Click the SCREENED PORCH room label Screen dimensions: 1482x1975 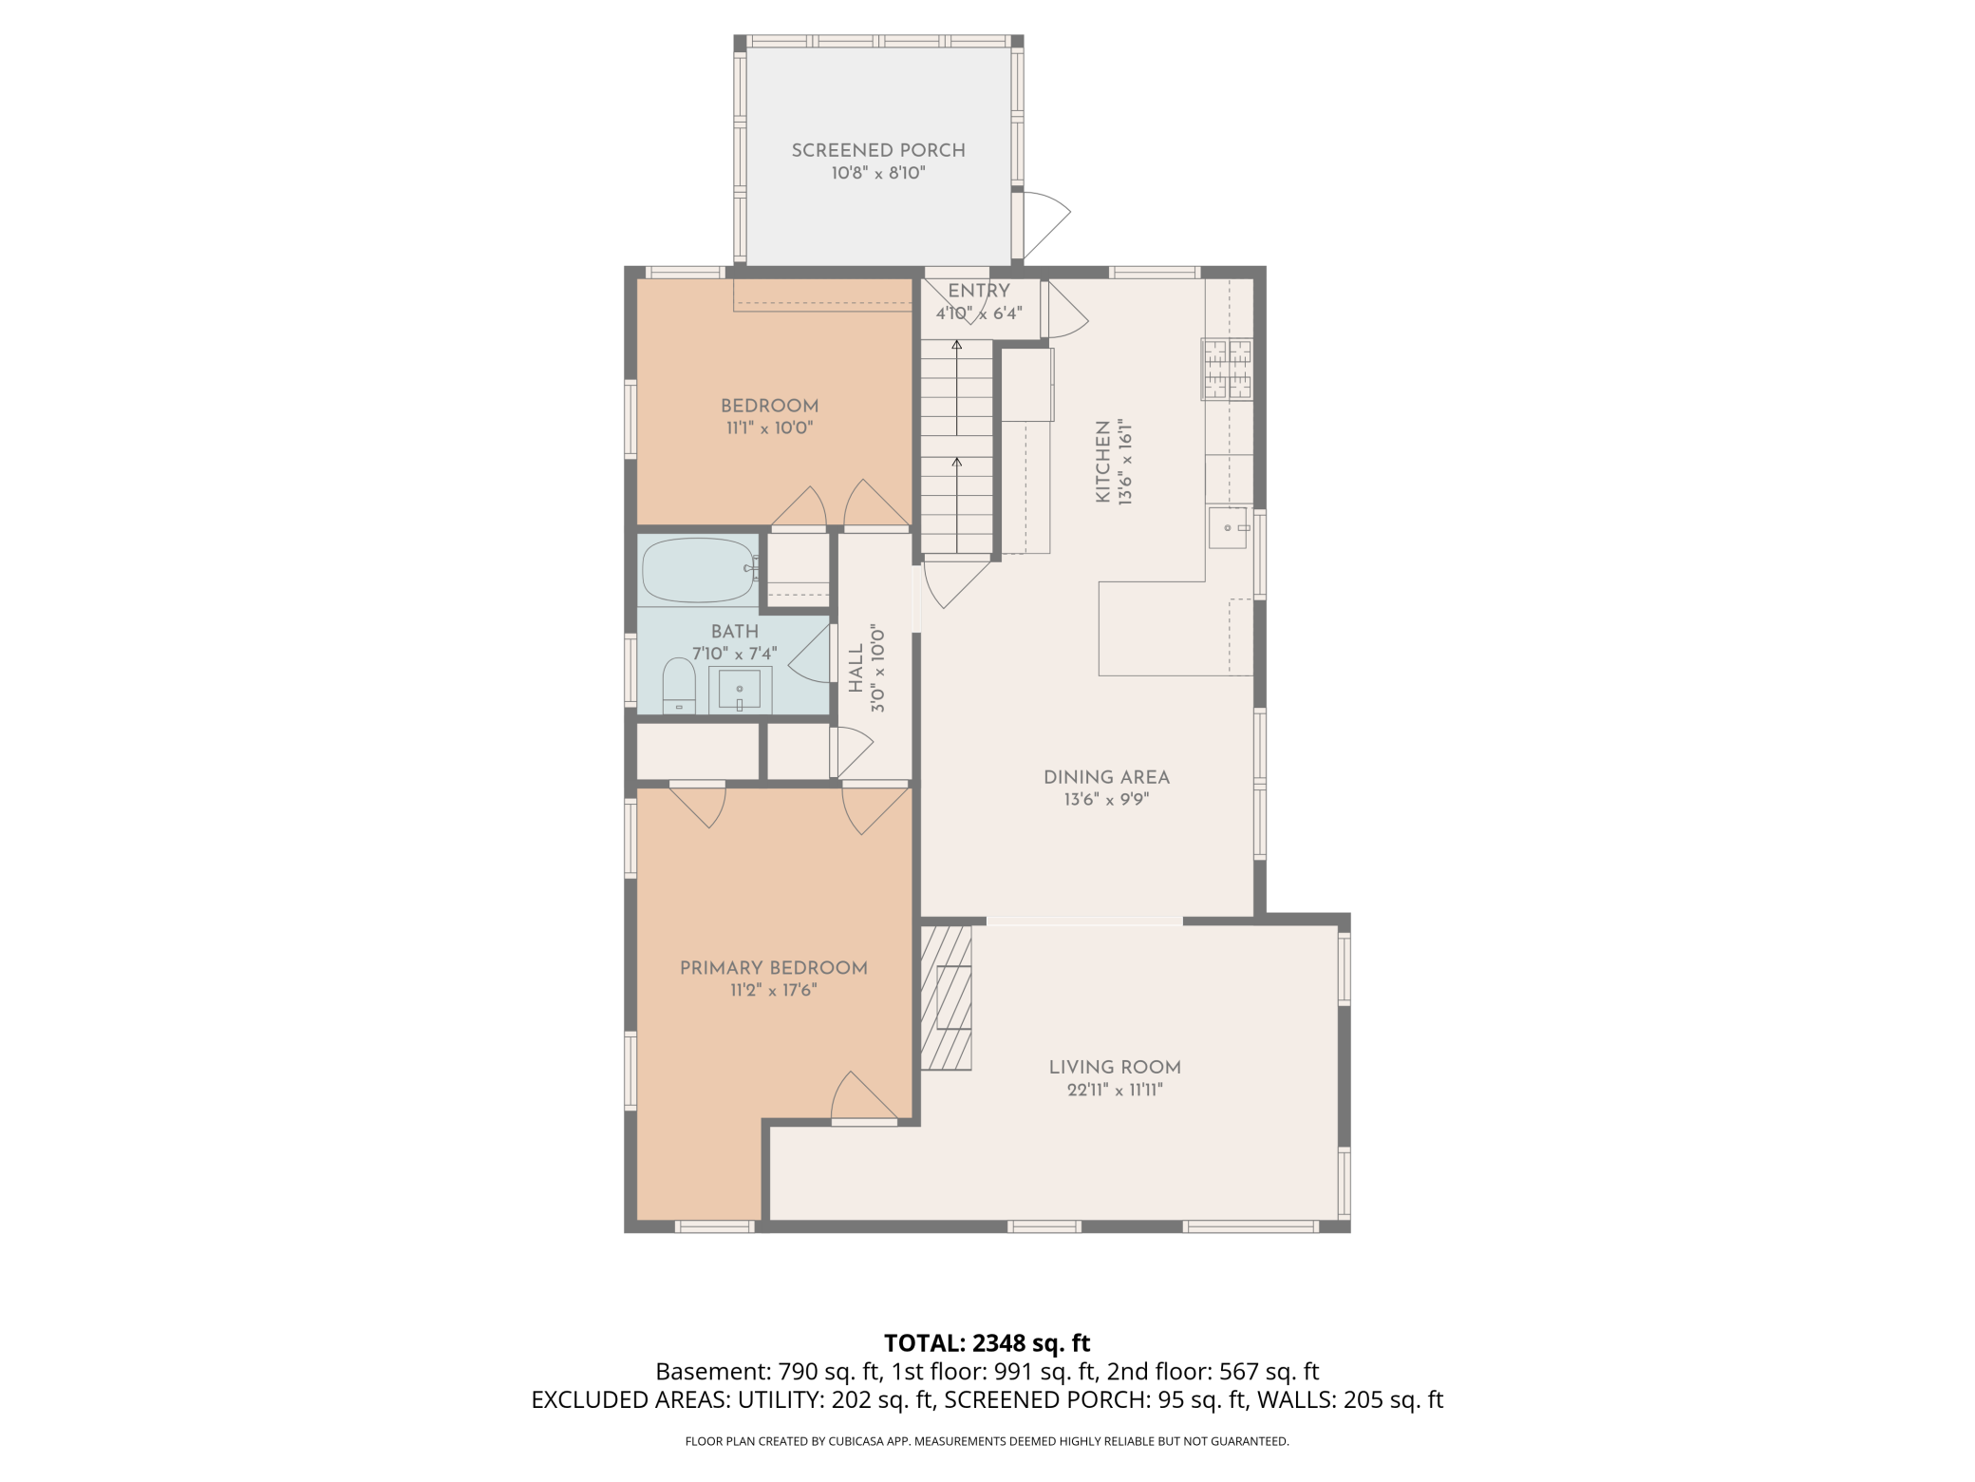pos(878,150)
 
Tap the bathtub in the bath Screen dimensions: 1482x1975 pos(698,570)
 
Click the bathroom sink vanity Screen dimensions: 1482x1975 pos(740,689)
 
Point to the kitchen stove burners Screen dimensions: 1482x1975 pos(1227,369)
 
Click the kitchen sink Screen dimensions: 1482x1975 pos(1228,528)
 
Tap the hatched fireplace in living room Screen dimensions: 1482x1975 pos(947,997)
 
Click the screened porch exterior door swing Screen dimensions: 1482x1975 pos(1044,223)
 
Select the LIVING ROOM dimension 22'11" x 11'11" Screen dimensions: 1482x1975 pos(1115,1090)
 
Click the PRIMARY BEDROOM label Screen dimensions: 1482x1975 pos(773,968)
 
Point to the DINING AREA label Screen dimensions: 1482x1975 pos(1106,777)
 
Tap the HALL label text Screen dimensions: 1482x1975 pos(856,668)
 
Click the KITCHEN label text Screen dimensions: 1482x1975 pos(1102,462)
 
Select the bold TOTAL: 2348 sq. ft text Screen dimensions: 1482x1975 pos(987,1343)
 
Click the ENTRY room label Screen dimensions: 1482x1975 pos(979,291)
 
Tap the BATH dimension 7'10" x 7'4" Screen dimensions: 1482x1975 pos(734,654)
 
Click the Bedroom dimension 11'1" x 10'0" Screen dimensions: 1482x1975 pos(769,427)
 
